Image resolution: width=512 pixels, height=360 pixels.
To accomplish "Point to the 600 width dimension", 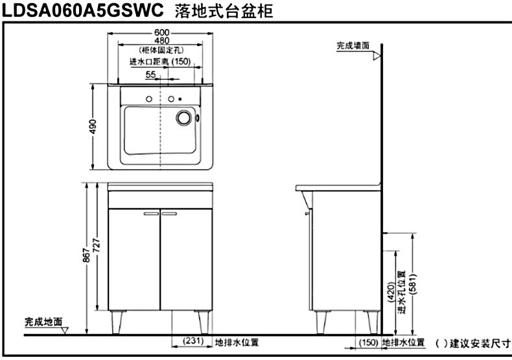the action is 161,33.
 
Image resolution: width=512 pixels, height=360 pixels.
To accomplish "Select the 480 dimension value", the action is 161,41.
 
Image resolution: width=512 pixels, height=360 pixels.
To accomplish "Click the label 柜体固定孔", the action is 161,50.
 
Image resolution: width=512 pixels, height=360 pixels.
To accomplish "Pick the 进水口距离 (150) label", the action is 160,62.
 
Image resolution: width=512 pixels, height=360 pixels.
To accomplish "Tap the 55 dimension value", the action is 150,74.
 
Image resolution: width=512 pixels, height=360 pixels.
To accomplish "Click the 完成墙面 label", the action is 353,46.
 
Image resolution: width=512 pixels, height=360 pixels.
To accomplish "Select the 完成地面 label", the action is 43,321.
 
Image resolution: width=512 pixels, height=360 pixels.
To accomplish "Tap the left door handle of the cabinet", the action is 151,212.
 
